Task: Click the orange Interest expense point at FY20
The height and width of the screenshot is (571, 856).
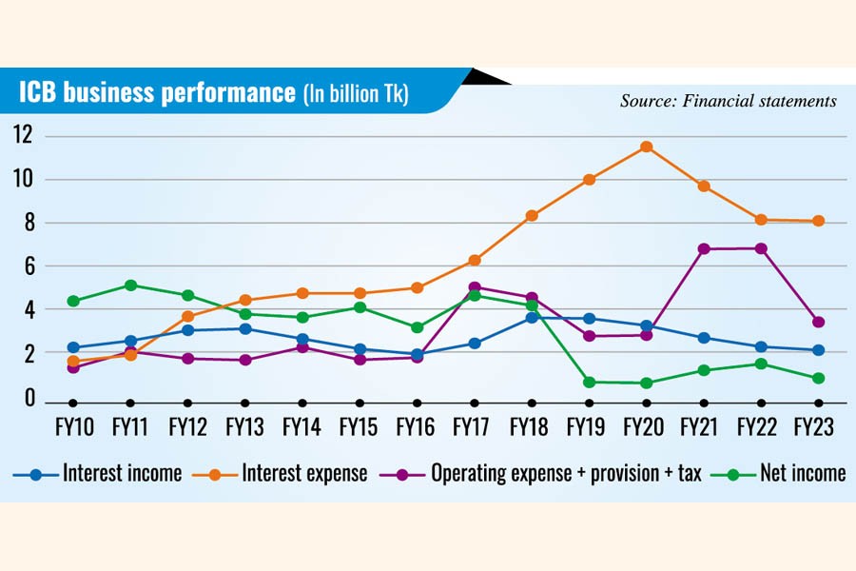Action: coord(647,147)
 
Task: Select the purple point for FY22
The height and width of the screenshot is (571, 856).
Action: coord(762,248)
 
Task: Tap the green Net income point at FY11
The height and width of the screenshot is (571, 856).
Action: coord(130,285)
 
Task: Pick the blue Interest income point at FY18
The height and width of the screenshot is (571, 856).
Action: coord(532,317)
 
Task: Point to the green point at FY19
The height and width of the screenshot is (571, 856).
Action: coord(589,382)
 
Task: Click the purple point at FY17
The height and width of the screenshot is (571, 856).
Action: coord(475,286)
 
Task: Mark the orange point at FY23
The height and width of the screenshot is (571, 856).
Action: coord(818,221)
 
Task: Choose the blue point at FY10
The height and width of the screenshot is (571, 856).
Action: coord(73,348)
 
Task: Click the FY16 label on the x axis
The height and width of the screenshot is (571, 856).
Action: coord(417,428)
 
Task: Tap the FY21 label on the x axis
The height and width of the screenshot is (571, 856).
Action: coord(704,428)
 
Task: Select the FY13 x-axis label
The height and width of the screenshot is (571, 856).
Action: coord(244,428)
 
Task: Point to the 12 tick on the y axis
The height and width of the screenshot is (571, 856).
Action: coord(22,136)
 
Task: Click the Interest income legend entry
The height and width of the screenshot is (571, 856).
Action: coord(121,473)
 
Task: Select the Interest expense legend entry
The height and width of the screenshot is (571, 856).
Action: coord(303,473)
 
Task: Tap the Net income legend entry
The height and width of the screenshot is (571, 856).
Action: coord(800,473)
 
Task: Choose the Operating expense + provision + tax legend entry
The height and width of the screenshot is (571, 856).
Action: coord(567,473)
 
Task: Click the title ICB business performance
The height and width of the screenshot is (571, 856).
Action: coord(158,93)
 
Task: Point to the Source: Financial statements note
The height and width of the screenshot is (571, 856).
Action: coord(729,100)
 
